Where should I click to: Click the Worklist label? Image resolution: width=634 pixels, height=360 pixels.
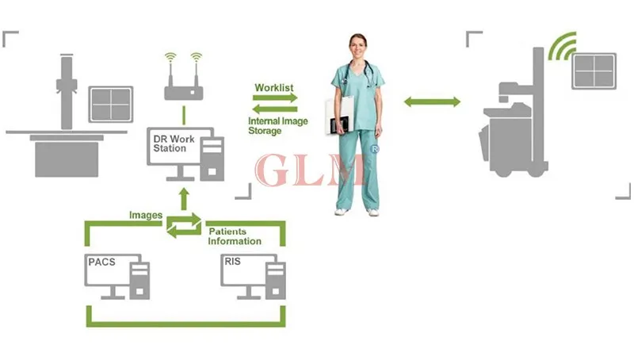click(275, 87)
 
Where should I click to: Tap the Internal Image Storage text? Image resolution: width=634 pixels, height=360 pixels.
click(275, 125)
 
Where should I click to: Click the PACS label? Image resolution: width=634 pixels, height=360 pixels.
click(101, 261)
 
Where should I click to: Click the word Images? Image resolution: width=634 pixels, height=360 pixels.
click(146, 215)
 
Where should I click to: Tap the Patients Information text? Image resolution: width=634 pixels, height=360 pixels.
click(234, 236)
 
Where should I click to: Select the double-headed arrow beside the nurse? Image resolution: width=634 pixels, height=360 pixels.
click(432, 101)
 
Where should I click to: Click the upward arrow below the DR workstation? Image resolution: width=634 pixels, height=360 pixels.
click(183, 199)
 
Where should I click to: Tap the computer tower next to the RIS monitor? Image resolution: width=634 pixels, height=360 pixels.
click(274, 279)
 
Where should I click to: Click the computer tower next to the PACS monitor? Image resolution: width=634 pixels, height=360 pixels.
click(141, 279)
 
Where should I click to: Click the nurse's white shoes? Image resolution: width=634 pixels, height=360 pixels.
click(356, 211)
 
